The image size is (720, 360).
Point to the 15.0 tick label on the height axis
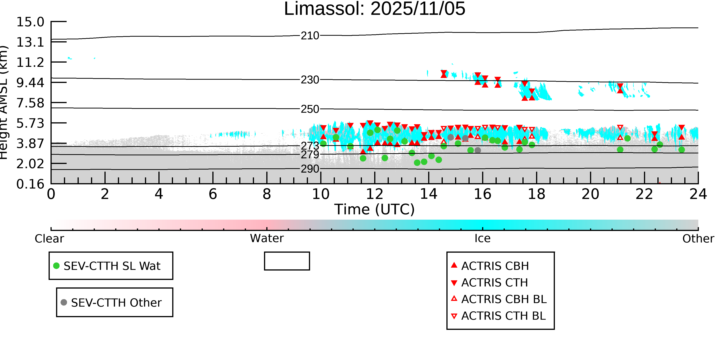[30, 22]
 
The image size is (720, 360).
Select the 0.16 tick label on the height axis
[30, 184]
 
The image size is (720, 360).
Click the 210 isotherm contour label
[310, 36]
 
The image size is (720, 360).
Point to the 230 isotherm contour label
[310, 80]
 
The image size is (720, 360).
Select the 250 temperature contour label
[310, 109]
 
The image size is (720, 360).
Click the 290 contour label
[310, 169]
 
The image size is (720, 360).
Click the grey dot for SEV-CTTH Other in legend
[64, 302]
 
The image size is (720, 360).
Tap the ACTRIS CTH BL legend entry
[503, 316]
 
